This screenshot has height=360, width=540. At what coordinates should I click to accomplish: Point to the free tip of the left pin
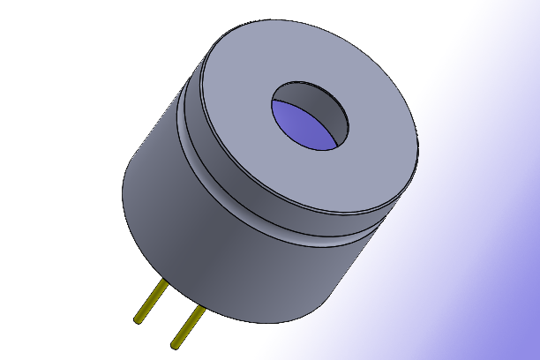click(x=139, y=319)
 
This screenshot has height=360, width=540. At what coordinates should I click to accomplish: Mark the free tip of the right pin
click(x=175, y=341)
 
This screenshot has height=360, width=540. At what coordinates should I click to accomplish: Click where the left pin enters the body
click(x=164, y=281)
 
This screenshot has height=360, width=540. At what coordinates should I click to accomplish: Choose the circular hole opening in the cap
click(x=309, y=115)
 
